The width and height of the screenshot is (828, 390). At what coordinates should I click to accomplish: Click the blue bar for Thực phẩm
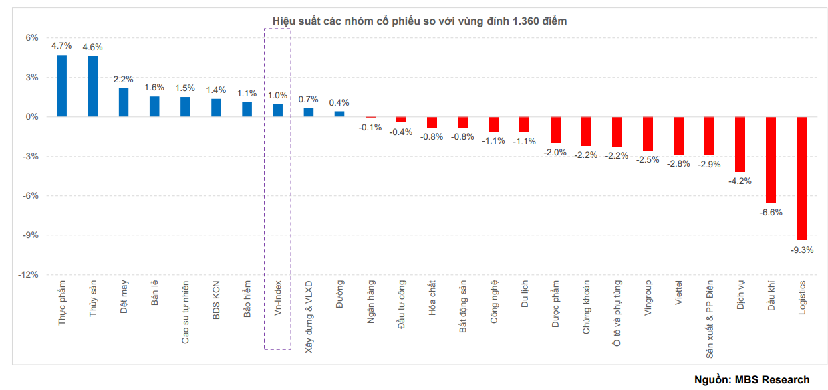[61, 86]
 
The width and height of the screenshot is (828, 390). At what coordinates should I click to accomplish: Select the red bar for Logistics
[802, 178]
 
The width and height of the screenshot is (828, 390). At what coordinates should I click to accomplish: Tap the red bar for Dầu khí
[771, 160]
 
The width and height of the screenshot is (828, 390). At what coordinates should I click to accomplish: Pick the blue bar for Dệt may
[124, 102]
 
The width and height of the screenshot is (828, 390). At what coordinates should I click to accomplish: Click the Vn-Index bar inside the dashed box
[277, 110]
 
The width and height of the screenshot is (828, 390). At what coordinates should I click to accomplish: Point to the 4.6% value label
[92, 47]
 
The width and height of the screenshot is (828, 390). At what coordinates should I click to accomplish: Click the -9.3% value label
[802, 250]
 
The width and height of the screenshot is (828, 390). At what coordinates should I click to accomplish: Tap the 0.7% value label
[309, 99]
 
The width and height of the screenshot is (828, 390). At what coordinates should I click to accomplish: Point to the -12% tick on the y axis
[31, 275]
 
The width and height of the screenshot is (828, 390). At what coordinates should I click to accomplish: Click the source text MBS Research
[772, 379]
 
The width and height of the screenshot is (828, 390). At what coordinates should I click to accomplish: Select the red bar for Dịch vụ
[740, 144]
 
